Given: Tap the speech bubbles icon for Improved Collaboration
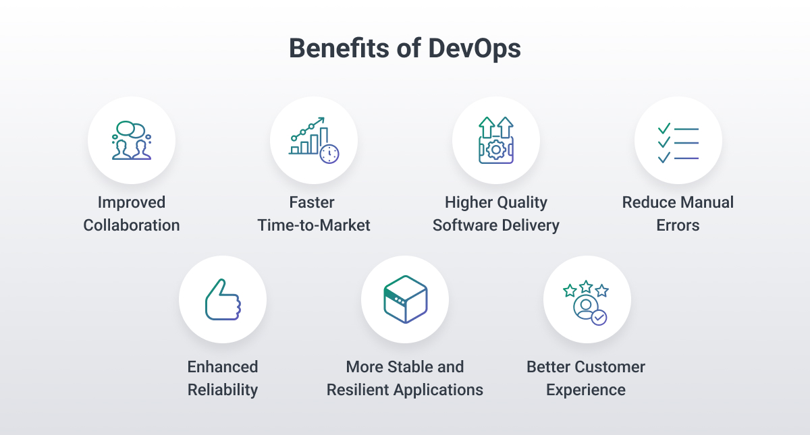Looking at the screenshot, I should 131,129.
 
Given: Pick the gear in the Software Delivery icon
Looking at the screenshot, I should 496,149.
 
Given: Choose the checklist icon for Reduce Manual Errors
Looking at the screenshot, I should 678,142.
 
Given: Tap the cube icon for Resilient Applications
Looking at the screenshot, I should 405,299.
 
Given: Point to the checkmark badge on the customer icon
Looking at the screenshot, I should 599,317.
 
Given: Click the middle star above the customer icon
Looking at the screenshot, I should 586,287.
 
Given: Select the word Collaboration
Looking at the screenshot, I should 132,225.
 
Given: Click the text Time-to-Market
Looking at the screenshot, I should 314,225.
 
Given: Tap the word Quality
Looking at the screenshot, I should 522,202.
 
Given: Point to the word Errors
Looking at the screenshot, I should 678,225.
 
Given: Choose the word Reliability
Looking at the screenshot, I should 223,390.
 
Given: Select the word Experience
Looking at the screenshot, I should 586,390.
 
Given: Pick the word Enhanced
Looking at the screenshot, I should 223,367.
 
